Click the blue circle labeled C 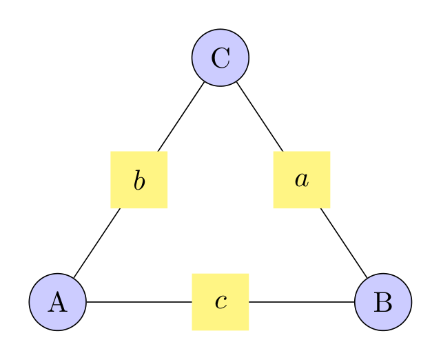220,58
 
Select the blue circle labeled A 58,302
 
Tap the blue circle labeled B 383,302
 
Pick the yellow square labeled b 139,180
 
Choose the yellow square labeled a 302,180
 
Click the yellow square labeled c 220,302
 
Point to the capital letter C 220,58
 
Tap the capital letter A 58,302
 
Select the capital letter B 383,302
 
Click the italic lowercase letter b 139,181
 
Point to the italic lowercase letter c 220,302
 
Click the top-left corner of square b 111,152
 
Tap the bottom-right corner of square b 167,208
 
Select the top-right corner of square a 330,152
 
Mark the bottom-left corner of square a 274,208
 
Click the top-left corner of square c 192,274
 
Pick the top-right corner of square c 249,274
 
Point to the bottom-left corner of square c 192,330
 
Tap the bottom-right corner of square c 249,330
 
